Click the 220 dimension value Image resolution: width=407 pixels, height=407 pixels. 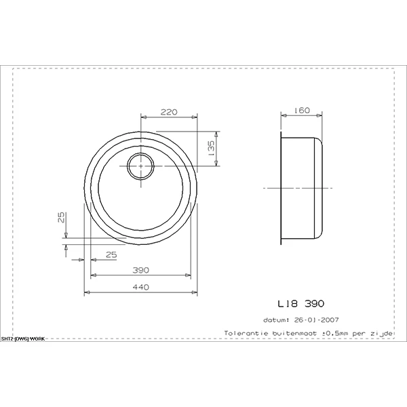[x=169, y=112]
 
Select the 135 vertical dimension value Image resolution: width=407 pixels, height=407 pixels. [x=211, y=148]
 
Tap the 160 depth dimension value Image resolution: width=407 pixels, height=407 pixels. [x=302, y=111]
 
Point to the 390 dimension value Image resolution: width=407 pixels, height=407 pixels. [x=140, y=270]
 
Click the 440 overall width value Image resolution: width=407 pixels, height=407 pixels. [x=140, y=288]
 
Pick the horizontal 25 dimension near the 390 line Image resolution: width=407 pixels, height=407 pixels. [x=111, y=255]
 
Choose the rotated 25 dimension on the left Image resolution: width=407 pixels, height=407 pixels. [x=61, y=217]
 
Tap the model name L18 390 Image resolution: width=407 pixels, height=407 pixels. [x=301, y=304]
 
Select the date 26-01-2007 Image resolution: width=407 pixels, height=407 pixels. [x=316, y=319]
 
